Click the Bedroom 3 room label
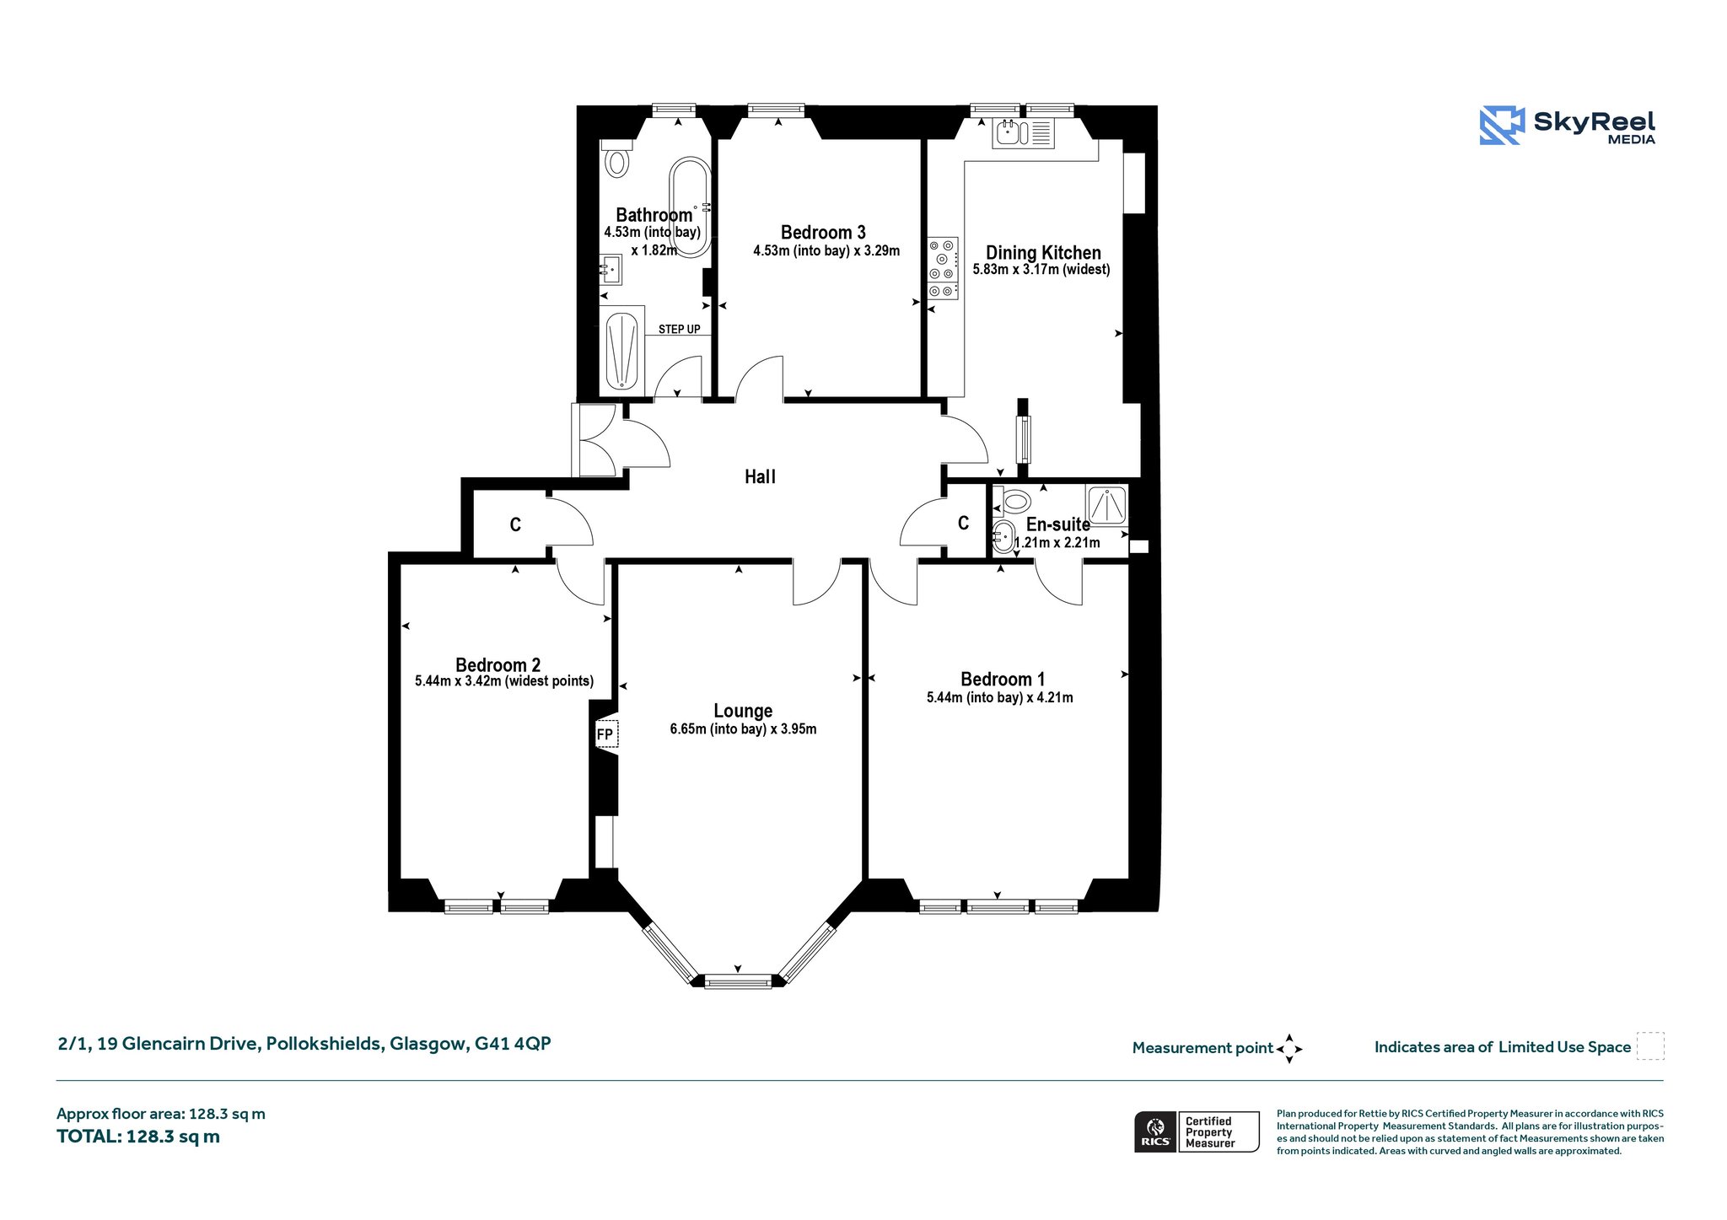823,232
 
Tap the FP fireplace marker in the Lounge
605,734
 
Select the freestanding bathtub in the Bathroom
690,207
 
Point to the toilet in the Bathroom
616,159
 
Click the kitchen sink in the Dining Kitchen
1023,133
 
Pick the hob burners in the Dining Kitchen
943,268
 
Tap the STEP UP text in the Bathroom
679,329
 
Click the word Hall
760,476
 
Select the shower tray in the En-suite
1106,506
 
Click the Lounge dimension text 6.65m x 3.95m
743,728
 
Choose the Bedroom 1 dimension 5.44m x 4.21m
999,697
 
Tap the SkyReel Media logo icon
1502,125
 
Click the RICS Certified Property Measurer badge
1197,1131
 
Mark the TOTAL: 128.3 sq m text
138,1137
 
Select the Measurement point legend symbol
1289,1049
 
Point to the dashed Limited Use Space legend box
1650,1045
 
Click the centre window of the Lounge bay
738,981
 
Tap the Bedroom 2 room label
498,664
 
